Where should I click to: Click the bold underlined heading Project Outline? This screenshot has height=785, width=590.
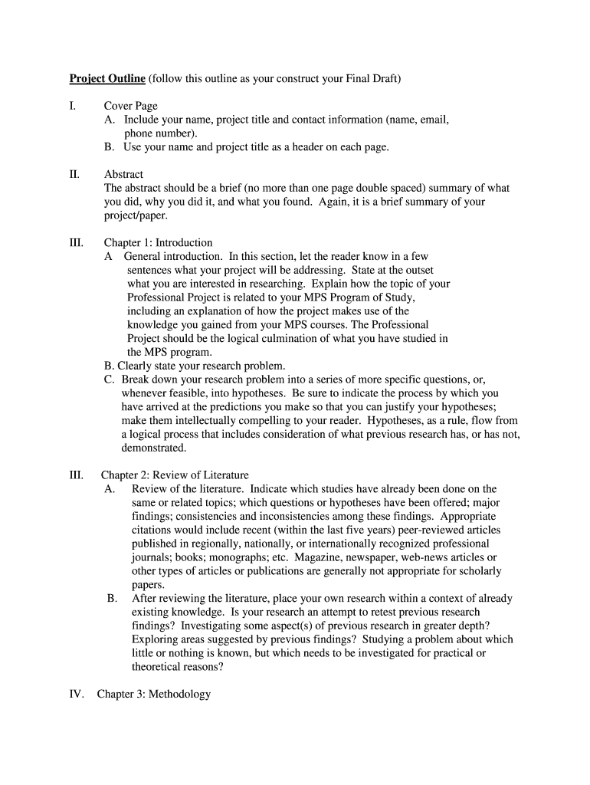coord(107,79)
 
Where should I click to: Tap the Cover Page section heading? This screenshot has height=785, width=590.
coord(131,106)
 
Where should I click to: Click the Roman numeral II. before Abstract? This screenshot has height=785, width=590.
coord(74,175)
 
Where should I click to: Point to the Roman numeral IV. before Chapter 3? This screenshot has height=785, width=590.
coord(74,695)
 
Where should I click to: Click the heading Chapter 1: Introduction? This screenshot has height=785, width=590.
coord(159,243)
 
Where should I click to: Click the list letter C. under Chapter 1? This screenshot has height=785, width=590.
coord(109,379)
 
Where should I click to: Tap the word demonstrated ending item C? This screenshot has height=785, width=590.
coord(153,448)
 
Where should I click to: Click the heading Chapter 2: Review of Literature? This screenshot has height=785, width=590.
coord(175,475)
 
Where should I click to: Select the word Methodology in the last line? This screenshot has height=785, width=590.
coord(179,695)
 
